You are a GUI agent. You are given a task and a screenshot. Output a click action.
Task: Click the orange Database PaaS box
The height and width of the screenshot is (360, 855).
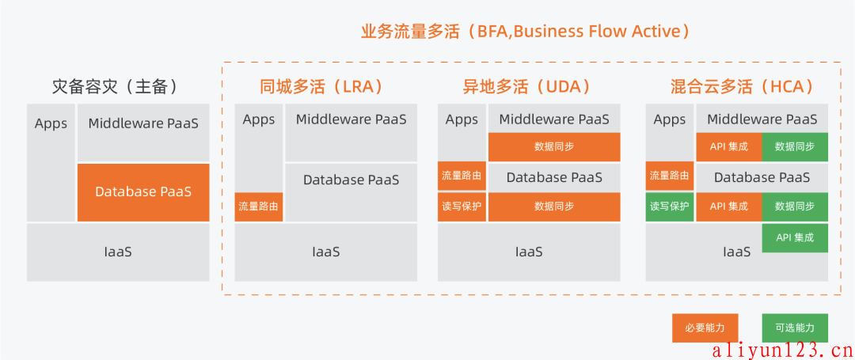[143, 192]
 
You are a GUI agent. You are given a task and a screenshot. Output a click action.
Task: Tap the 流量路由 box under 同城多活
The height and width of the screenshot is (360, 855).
[258, 207]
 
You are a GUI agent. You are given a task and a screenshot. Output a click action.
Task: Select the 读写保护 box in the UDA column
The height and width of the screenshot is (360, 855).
[462, 207]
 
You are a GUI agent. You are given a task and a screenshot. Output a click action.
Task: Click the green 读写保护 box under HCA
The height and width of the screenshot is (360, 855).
[670, 207]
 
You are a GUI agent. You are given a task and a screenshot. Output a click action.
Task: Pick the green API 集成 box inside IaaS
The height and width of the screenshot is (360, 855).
[795, 238]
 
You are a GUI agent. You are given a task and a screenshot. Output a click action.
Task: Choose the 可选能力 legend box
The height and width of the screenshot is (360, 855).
[795, 328]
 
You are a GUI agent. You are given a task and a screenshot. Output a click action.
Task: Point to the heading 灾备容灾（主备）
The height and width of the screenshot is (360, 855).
[115, 86]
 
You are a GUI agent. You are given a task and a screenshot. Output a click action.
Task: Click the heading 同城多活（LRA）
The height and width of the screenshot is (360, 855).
[323, 86]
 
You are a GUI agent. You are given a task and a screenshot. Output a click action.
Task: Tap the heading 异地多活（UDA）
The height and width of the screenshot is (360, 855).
[527, 86]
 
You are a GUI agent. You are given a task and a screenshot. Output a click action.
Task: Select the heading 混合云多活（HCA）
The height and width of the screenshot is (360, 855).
[743, 86]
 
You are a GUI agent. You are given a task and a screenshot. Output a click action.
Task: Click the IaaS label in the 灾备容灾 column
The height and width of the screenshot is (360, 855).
[118, 252]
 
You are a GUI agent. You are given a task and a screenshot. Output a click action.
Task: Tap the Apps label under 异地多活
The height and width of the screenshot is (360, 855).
[462, 119]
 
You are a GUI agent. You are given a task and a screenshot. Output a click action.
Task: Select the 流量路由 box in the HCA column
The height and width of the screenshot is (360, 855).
[670, 176]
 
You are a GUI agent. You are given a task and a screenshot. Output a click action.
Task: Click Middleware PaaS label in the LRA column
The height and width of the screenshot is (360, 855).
[351, 119]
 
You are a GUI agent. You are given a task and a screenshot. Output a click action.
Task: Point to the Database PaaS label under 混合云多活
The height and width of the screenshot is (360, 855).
[762, 177]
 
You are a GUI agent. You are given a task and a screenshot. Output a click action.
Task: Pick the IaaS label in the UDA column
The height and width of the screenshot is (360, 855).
[529, 252]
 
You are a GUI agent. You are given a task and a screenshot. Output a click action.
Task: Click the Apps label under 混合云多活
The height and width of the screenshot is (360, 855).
[670, 119]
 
